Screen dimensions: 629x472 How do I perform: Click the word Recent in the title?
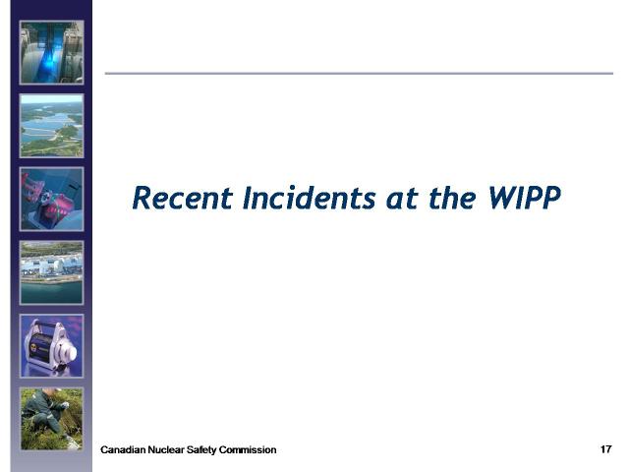click(x=183, y=198)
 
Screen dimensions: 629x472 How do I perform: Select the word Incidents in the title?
click(x=310, y=198)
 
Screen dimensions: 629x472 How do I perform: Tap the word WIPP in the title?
click(x=524, y=198)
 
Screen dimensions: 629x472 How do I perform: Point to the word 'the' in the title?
click(x=452, y=198)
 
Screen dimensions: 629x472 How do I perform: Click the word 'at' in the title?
click(x=402, y=200)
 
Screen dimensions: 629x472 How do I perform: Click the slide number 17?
click(x=605, y=449)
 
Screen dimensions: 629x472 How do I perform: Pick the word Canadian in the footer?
click(x=123, y=450)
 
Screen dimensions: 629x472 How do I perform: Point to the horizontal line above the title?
click(x=359, y=74)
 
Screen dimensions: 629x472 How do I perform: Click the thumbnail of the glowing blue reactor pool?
click(x=52, y=52)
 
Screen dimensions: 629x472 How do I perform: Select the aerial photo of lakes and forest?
click(x=52, y=126)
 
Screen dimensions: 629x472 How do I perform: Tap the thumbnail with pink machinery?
click(x=52, y=199)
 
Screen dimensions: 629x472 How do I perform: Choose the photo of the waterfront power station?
click(x=52, y=272)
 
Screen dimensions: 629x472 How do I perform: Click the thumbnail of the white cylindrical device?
click(x=52, y=346)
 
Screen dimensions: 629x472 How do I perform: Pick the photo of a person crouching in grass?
click(x=52, y=419)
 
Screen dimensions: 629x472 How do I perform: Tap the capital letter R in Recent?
click(x=142, y=198)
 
